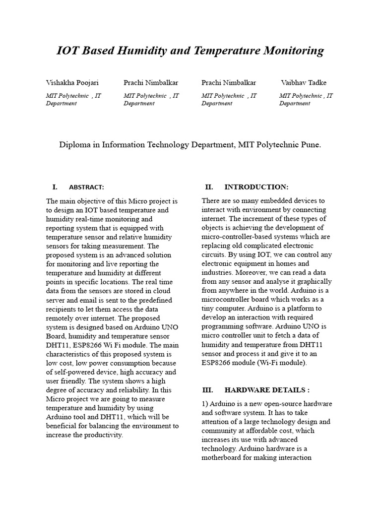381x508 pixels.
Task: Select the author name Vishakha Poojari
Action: point(72,83)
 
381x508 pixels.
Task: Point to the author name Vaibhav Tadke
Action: point(304,83)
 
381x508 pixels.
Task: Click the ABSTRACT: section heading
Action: point(86,188)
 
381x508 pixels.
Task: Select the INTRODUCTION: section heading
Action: point(256,187)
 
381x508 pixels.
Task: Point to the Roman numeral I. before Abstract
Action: point(55,187)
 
